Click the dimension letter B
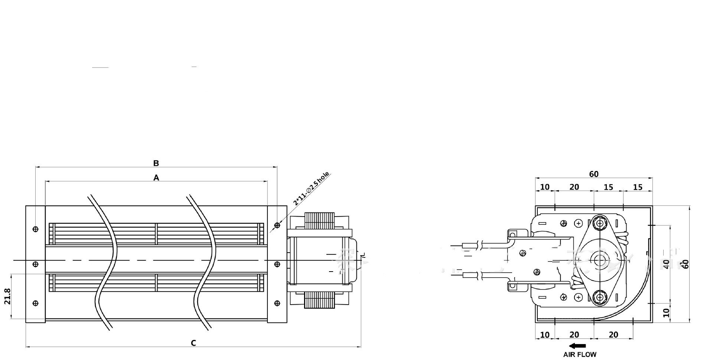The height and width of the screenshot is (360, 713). point(156,163)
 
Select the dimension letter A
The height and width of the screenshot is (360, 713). point(156,178)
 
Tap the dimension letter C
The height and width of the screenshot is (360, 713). point(193,343)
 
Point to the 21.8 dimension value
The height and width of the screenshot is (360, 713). point(8,296)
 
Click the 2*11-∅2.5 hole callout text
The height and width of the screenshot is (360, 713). point(311,189)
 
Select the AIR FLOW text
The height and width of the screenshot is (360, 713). point(580,354)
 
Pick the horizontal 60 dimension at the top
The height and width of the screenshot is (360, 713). point(593,174)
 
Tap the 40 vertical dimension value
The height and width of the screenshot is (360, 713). point(666,264)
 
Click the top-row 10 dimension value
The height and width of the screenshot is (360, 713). point(544,187)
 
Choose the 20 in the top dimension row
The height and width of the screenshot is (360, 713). point(574,187)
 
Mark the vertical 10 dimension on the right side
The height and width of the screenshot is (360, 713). point(666,312)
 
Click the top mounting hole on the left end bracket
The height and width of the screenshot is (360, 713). point(36,229)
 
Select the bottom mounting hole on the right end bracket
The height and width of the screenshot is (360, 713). point(277,303)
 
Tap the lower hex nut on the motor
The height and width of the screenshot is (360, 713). point(599,297)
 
